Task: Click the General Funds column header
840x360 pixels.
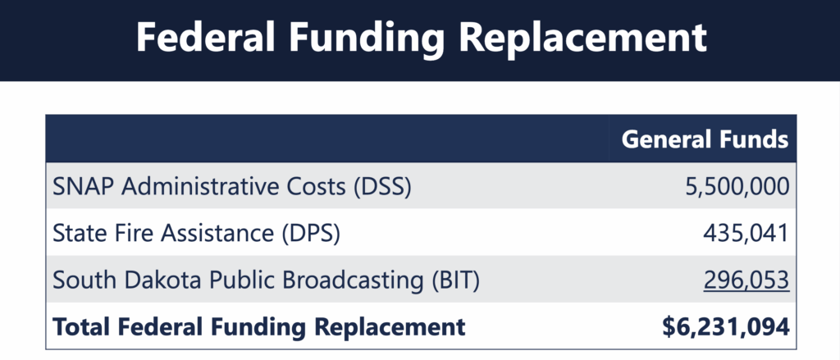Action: (705, 139)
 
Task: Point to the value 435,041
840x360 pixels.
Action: (746, 233)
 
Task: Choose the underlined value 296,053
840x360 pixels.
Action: (746, 280)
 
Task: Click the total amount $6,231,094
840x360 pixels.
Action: (725, 327)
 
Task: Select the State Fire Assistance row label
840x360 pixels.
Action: (195, 233)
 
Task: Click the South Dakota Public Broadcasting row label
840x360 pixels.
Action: (265, 280)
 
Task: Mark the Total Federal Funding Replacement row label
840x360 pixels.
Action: (258, 327)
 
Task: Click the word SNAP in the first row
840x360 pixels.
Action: (79, 186)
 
